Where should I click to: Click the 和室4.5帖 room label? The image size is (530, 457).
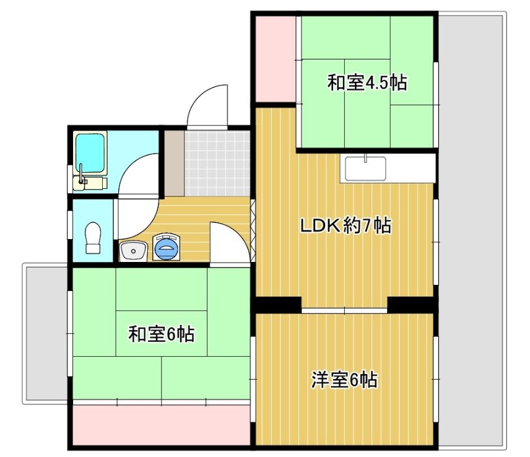click(x=367, y=82)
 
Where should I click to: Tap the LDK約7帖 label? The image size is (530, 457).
click(x=346, y=225)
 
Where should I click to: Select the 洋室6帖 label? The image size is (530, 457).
click(x=344, y=380)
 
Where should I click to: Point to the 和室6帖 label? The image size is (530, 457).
click(x=162, y=334)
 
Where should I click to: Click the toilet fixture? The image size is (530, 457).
click(x=93, y=237)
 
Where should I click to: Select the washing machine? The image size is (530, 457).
click(x=166, y=248)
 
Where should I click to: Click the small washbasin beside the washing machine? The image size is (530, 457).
click(x=133, y=251)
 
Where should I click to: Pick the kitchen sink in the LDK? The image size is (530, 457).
click(x=365, y=168)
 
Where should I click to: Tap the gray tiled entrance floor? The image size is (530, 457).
click(x=217, y=163)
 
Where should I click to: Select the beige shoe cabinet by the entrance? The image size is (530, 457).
click(x=174, y=163)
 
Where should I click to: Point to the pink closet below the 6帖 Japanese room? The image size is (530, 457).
click(x=161, y=425)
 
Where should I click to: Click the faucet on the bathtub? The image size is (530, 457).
click(x=82, y=175)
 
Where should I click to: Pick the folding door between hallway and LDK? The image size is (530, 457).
click(x=253, y=231)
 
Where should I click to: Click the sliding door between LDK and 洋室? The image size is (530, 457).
click(x=344, y=310)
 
